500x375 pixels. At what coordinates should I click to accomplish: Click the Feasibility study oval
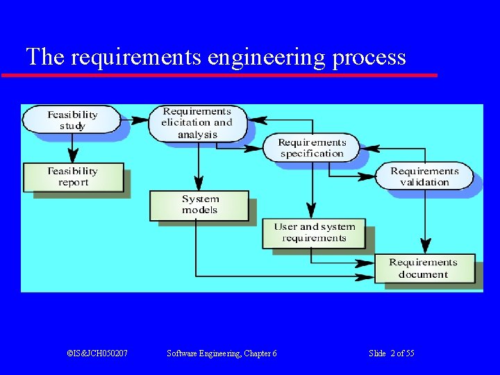click(x=72, y=120)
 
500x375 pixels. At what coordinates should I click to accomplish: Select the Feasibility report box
click(x=73, y=177)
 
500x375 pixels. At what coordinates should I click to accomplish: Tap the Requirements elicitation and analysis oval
click(x=197, y=123)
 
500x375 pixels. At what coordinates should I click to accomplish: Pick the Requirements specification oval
click(x=312, y=148)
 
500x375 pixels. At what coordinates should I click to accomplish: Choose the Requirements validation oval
click(x=424, y=176)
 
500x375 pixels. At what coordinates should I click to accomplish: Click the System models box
click(x=199, y=205)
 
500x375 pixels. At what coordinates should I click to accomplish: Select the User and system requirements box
click(x=314, y=233)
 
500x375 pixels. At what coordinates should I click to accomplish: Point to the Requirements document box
click(x=423, y=268)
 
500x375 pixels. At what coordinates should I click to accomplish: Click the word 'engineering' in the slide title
click(x=267, y=57)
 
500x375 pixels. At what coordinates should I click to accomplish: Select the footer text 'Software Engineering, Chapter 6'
click(x=222, y=353)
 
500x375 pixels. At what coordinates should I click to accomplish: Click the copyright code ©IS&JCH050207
click(x=97, y=353)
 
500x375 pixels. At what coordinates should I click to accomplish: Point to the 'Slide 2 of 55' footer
click(x=392, y=353)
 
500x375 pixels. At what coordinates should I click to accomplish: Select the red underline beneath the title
click(x=219, y=74)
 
